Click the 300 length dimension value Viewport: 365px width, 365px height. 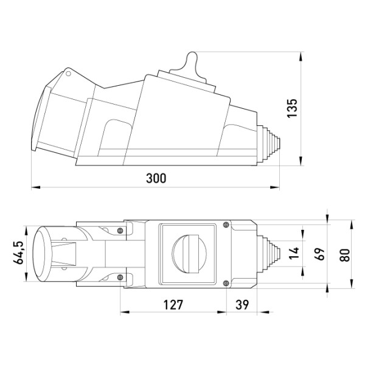tap(156, 178)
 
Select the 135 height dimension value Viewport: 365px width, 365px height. tap(293, 108)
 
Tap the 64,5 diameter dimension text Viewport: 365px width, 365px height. tap(18, 252)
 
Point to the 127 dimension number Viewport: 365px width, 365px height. tap(173, 305)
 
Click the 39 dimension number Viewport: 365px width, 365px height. tap(242, 305)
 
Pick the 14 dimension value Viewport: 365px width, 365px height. tap(294, 253)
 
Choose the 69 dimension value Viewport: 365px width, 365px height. tap(319, 254)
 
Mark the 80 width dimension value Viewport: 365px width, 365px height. tap(345, 255)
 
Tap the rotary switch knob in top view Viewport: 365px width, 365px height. tap(189, 254)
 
